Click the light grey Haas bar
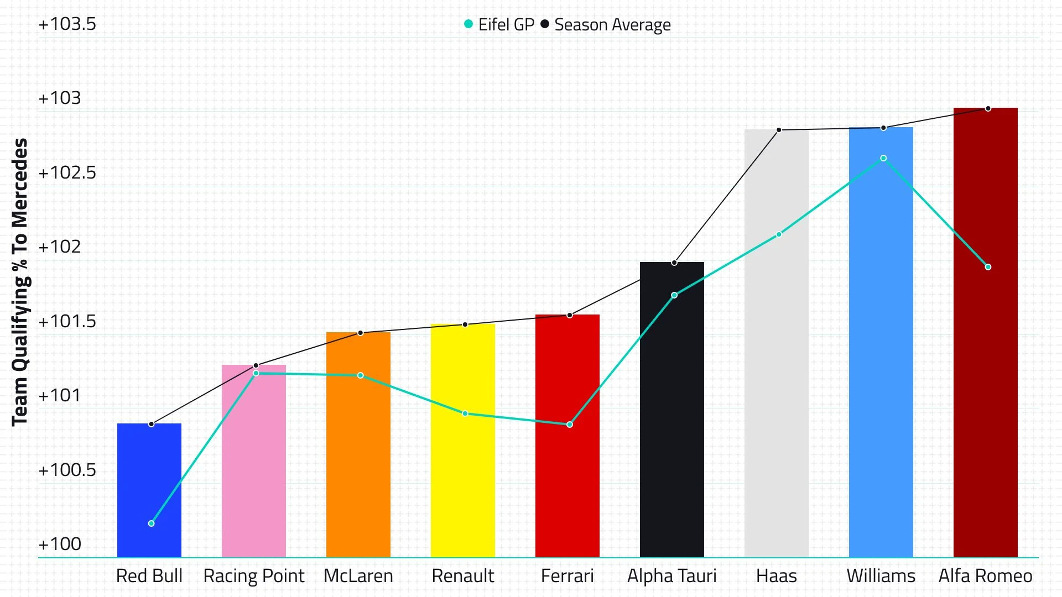777,343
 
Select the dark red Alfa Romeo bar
986,332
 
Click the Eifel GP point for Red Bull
152,523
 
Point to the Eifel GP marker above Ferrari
570,425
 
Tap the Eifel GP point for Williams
883,159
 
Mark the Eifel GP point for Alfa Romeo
988,267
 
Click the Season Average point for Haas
779,130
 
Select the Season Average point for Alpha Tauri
674,263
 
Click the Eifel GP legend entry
499,25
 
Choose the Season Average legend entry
606,25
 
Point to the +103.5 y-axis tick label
67,24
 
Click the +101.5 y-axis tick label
67,322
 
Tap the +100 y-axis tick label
60,544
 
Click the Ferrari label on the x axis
567,576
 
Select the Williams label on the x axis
881,576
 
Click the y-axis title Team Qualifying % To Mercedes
20,282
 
